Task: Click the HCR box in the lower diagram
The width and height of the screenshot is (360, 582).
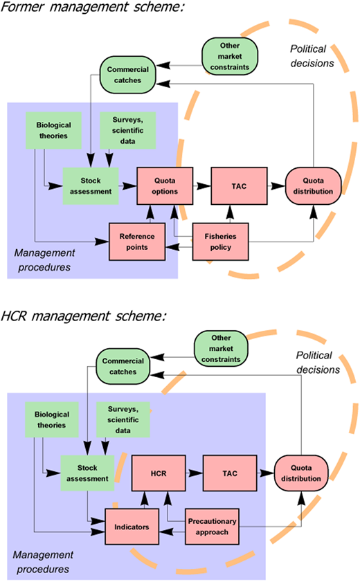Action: coord(156,473)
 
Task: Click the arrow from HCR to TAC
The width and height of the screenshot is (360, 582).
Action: coord(192,473)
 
